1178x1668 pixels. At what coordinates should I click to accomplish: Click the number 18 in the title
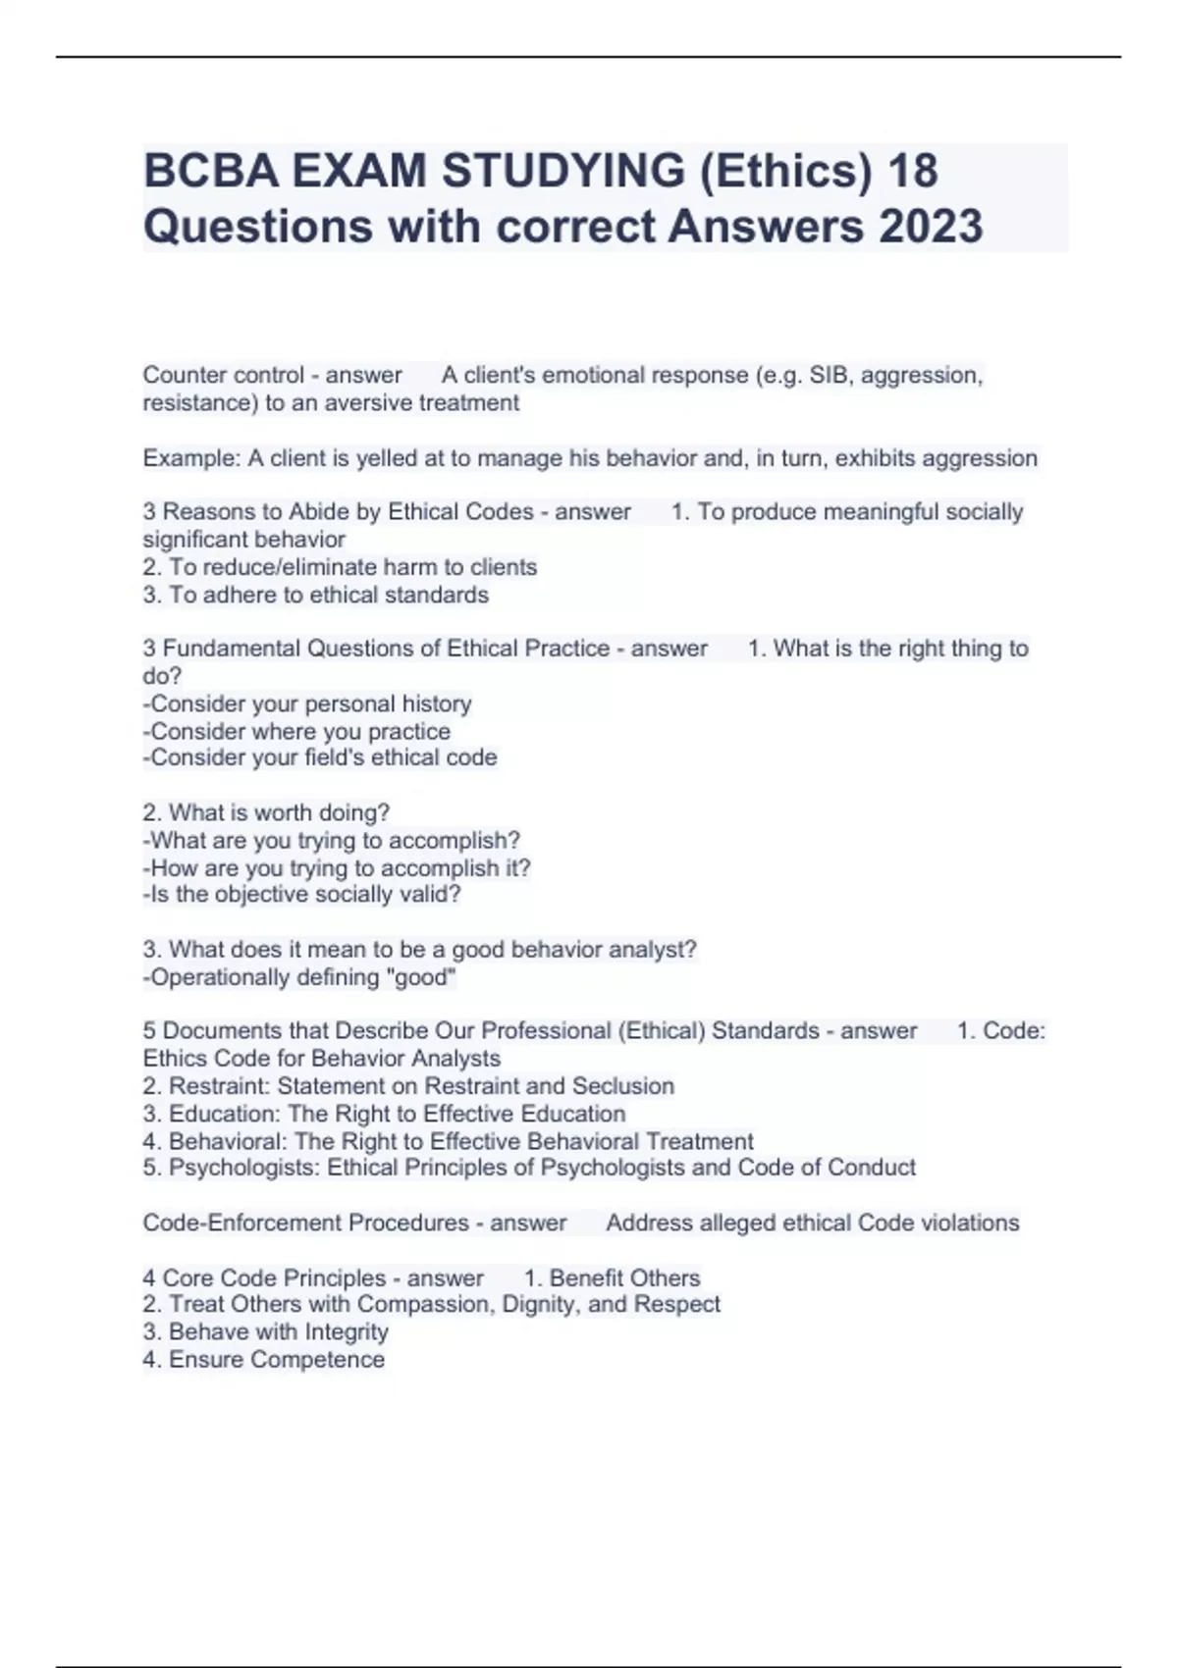912,171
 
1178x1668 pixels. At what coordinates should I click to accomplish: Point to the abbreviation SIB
830,375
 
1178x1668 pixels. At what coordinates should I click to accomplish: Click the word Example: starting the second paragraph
191,458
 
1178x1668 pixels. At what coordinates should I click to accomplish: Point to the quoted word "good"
424,977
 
